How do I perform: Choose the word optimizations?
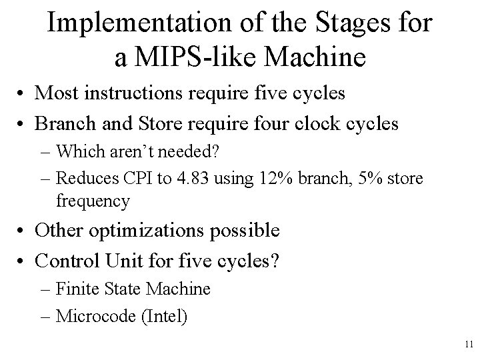click(x=149, y=231)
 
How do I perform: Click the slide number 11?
click(x=467, y=344)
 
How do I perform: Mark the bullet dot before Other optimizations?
click(x=23, y=232)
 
